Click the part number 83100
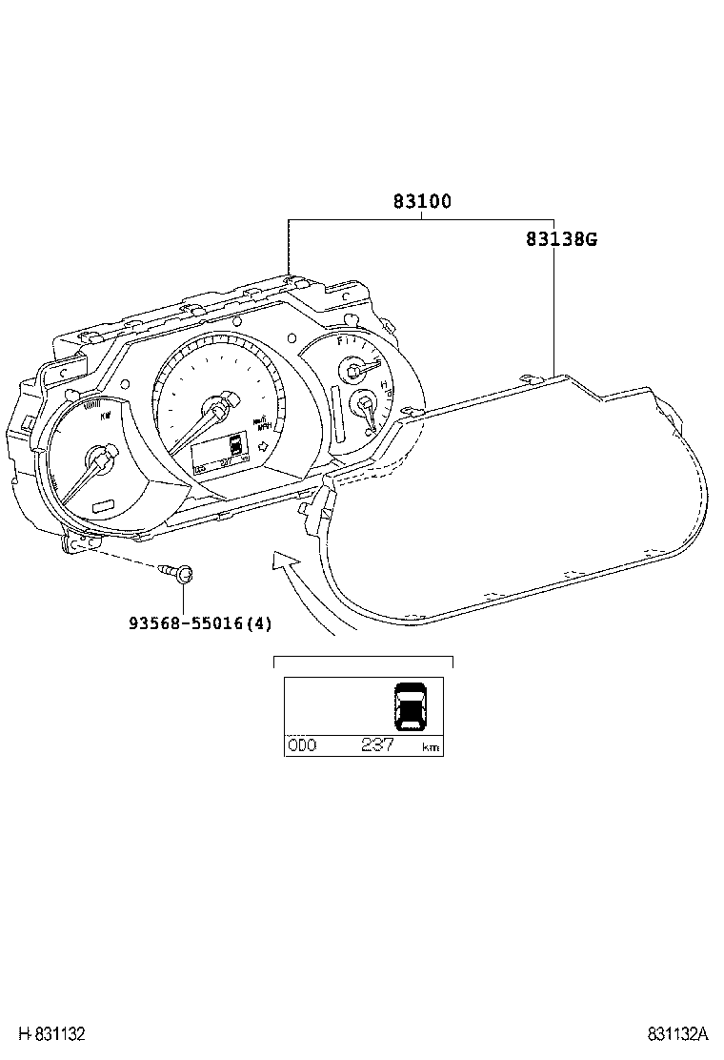[422, 202]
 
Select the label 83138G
[561, 239]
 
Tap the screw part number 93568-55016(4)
[201, 624]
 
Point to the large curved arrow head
[283, 561]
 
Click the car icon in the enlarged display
[411, 706]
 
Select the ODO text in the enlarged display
[302, 745]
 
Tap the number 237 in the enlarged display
[377, 745]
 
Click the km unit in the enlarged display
[431, 747]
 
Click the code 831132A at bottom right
[679, 1034]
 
